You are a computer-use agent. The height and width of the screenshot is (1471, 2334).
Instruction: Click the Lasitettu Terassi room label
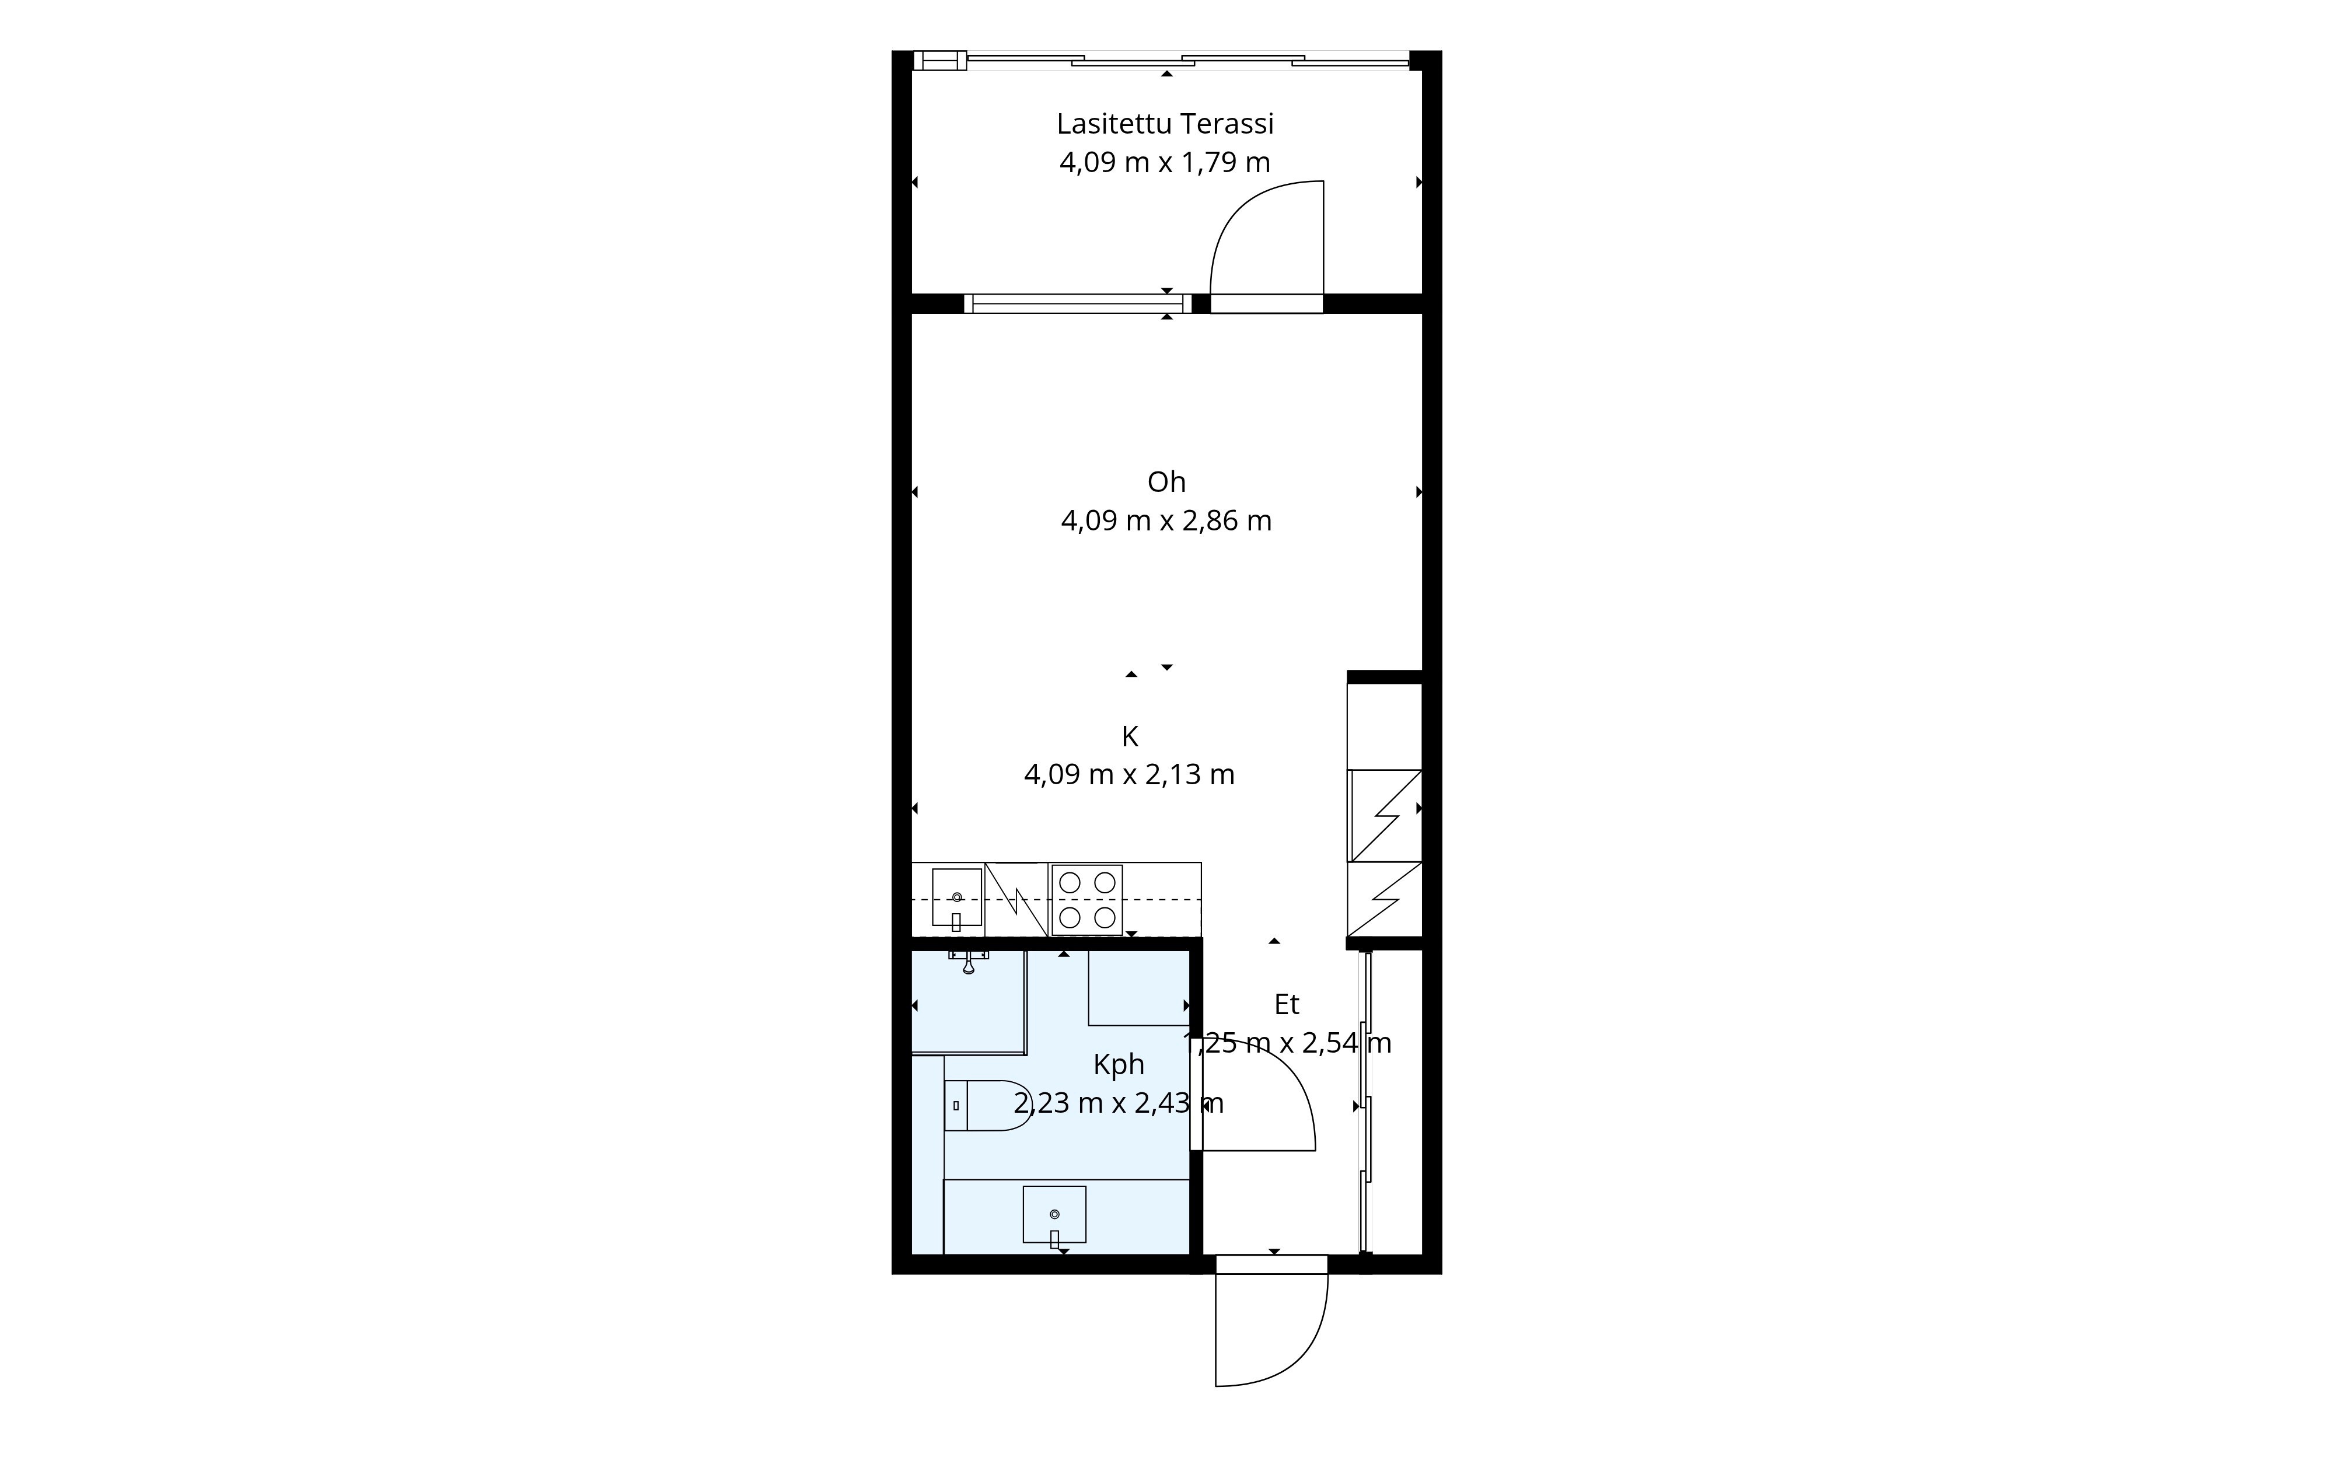coord(1165,124)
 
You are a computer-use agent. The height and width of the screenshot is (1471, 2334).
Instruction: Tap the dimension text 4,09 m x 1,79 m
coord(1165,163)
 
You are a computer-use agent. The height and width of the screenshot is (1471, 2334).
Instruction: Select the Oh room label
coord(1166,481)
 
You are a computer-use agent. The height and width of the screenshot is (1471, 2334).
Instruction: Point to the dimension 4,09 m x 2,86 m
coord(1166,521)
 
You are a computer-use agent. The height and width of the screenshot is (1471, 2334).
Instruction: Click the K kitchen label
coord(1129,736)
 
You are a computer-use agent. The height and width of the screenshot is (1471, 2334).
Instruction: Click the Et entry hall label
coord(1286,1005)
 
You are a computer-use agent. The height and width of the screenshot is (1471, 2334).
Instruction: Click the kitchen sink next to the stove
coord(957,899)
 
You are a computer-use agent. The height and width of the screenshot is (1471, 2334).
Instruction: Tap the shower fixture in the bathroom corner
coord(968,961)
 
